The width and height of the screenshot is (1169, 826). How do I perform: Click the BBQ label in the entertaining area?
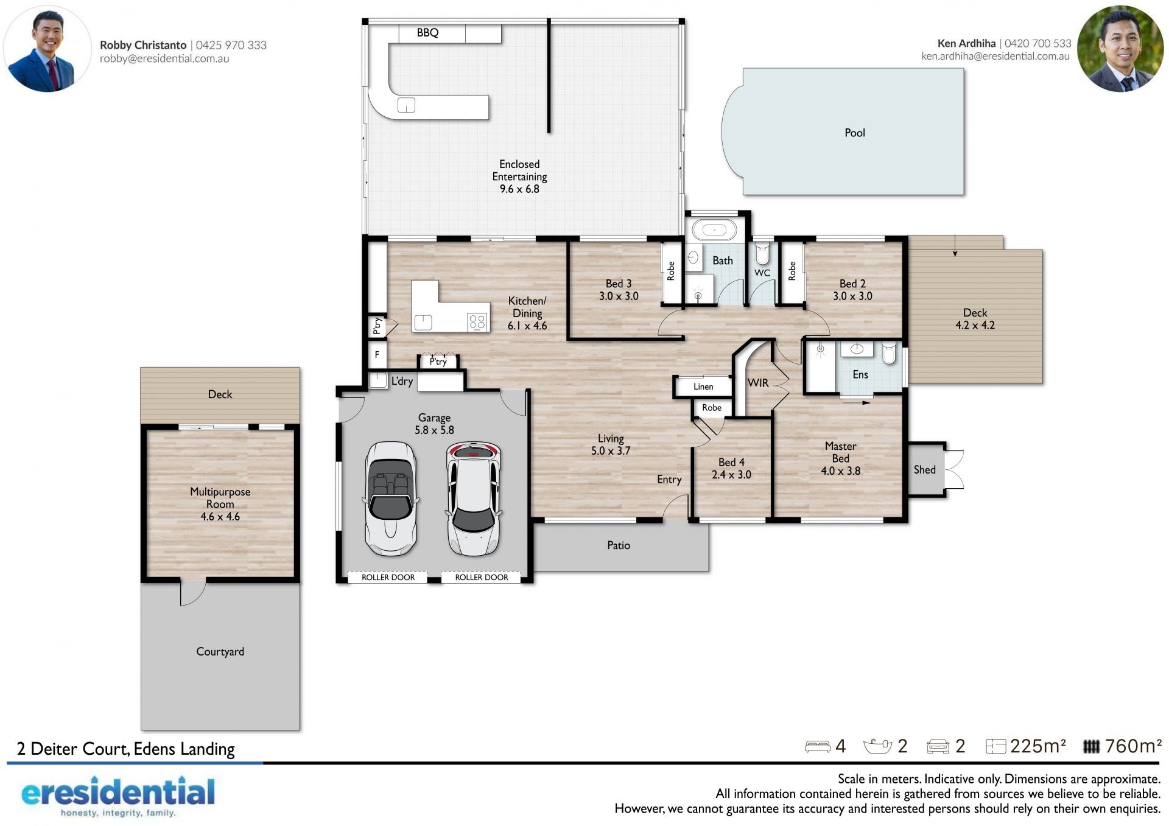(427, 33)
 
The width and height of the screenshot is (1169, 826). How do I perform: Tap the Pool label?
(854, 133)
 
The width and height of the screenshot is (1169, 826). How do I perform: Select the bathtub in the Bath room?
(714, 230)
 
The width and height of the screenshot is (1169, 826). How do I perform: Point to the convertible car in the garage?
(391, 499)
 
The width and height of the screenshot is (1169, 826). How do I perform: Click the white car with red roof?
(474, 499)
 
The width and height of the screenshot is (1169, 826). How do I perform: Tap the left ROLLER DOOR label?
(388, 577)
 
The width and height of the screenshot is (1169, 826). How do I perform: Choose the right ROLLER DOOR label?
(482, 577)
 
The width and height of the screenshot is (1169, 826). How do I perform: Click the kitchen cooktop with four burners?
(477, 321)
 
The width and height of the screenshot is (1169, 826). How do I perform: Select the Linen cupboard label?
(703, 387)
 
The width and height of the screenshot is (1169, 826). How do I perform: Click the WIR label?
(758, 383)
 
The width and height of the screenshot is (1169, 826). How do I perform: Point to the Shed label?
(924, 469)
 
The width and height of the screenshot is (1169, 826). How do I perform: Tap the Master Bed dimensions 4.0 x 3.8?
(840, 471)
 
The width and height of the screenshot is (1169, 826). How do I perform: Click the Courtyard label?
(220, 652)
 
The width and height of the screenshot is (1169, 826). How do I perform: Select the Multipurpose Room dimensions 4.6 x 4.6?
(220, 517)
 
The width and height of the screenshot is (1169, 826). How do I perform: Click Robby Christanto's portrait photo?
(47, 49)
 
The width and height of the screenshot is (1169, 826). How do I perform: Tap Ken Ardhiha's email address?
(995, 56)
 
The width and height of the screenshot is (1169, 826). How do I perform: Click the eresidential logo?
(118, 796)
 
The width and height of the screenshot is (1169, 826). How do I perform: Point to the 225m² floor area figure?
(1037, 746)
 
